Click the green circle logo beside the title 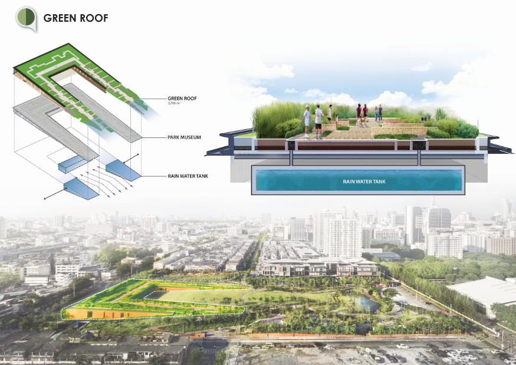point(26,18)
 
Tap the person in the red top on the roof point(359,113)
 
